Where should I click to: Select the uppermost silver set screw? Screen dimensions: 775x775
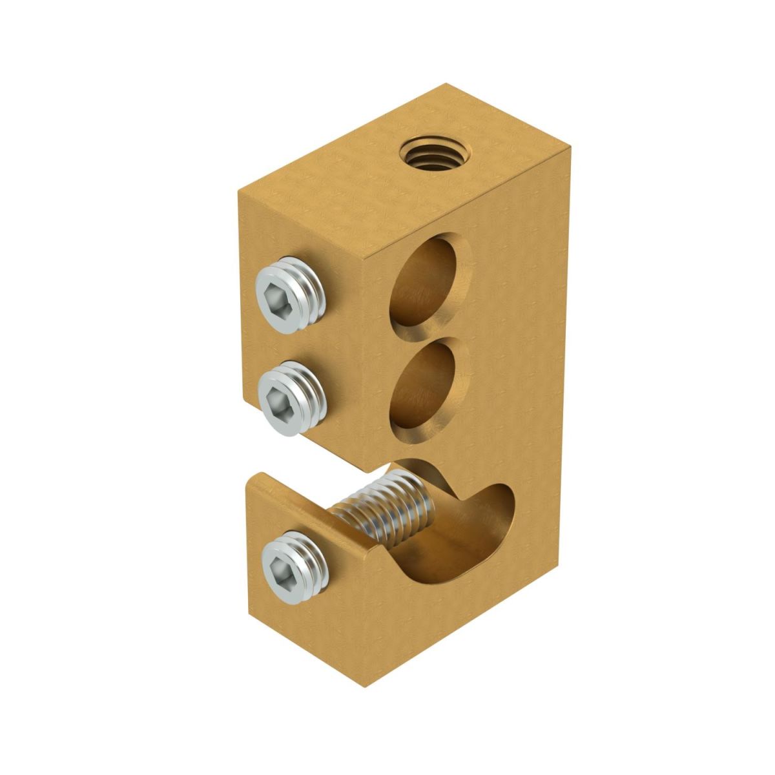click(x=289, y=295)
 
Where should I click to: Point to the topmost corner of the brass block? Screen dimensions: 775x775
click(x=446, y=84)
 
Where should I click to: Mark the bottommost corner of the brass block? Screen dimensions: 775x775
click(x=366, y=687)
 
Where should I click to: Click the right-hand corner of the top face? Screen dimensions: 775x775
click(x=571, y=148)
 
